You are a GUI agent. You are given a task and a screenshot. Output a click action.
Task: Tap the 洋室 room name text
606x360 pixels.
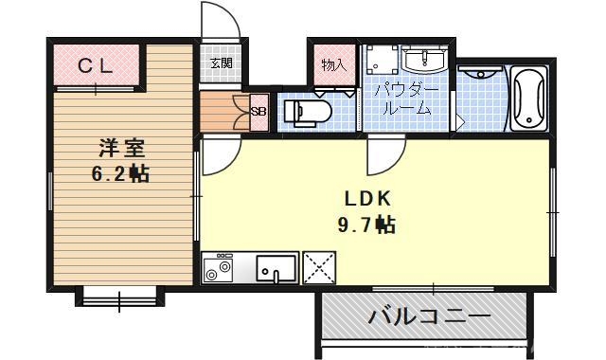(122, 149)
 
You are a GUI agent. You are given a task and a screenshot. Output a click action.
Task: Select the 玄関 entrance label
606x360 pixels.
(220, 64)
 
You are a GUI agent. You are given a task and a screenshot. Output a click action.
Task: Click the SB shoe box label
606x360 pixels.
(258, 112)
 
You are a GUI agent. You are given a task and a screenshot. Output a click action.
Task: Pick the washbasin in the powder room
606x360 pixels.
(422, 60)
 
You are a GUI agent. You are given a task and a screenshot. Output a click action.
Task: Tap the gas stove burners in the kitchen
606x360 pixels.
(219, 268)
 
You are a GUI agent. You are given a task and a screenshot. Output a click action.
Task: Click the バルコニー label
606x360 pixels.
(429, 316)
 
